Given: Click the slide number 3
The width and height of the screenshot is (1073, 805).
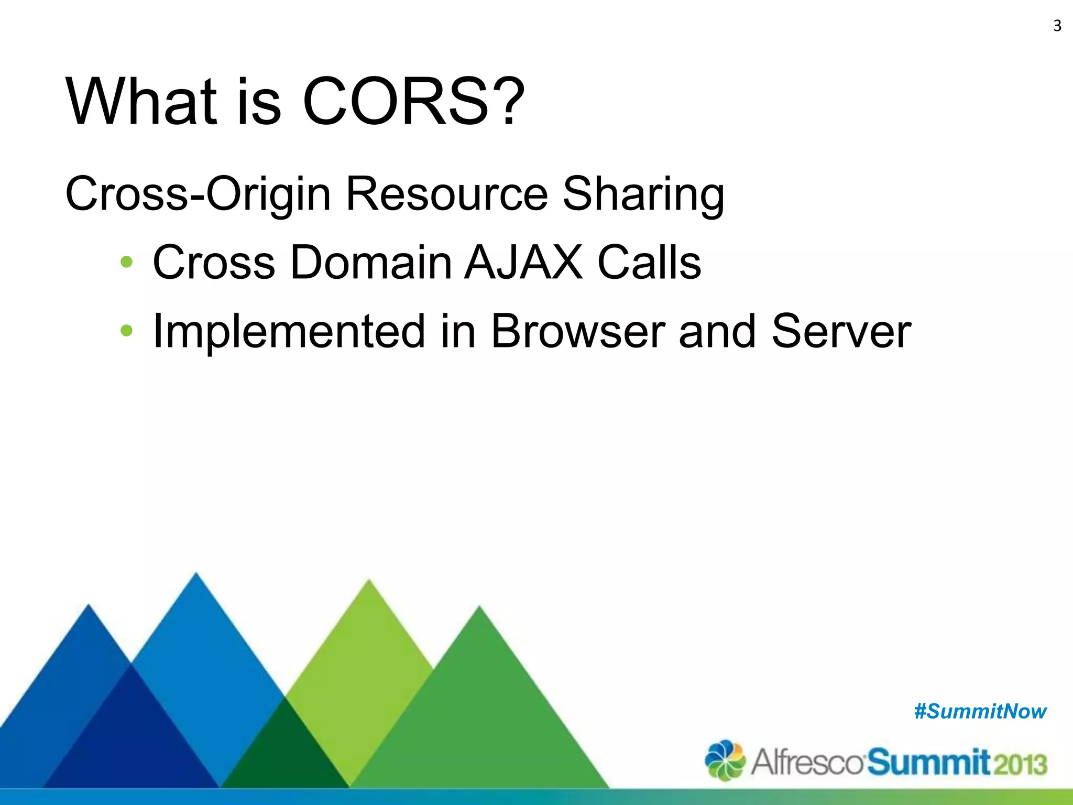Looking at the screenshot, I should click(x=1057, y=26).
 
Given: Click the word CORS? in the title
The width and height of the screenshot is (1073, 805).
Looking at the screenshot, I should click(x=413, y=101).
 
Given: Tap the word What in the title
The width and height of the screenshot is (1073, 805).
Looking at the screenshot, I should click(x=141, y=101).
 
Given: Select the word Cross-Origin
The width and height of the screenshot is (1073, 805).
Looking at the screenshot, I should click(x=198, y=194).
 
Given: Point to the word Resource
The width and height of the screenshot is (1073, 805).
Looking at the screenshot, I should click(x=446, y=194).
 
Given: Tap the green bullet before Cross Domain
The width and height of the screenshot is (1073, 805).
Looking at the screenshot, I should click(x=126, y=262).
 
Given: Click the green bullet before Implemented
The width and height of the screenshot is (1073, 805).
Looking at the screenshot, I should click(x=126, y=331).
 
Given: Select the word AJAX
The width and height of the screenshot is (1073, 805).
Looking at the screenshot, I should click(x=523, y=262).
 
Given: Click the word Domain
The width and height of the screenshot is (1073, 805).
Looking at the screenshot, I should click(x=370, y=262).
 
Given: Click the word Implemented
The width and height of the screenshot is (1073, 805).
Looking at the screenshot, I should click(x=288, y=331).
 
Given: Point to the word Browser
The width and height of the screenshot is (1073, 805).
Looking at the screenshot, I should click(x=577, y=331).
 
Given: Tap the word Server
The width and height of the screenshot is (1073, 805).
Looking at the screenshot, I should click(x=841, y=331).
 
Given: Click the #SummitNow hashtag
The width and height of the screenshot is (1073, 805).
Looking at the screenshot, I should click(x=980, y=712).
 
